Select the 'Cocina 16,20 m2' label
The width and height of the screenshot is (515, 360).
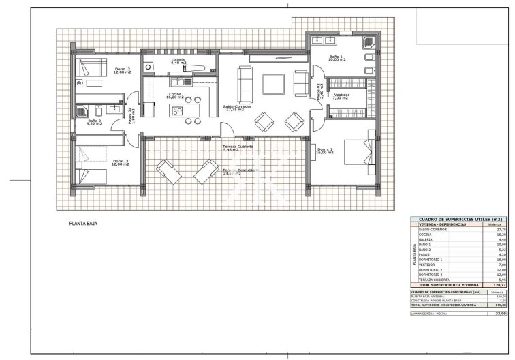point(175,95)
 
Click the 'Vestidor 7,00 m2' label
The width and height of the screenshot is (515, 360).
point(341,96)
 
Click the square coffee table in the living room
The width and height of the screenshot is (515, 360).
point(274,83)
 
